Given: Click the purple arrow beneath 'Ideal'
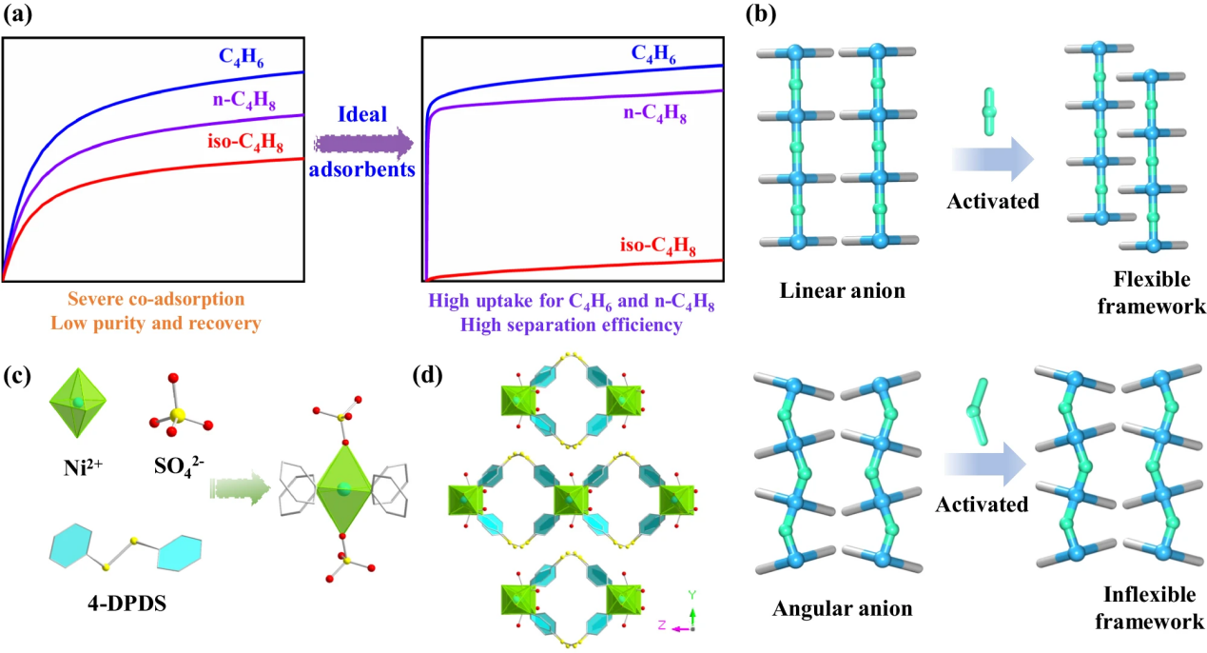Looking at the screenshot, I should [x=362, y=144].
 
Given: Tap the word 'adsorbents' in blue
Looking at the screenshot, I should [x=362, y=171].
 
